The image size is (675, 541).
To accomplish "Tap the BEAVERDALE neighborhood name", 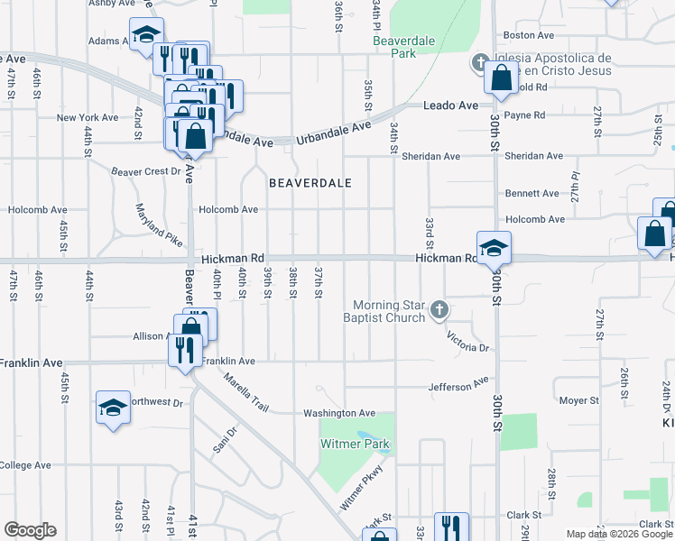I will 310,182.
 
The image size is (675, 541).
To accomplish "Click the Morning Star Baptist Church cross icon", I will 439,311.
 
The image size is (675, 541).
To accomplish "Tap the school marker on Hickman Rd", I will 494,249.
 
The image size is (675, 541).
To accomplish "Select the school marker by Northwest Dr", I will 113,408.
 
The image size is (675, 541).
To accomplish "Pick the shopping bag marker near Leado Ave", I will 500,78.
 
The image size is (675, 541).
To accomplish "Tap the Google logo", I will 30,530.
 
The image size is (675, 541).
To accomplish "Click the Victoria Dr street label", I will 468,341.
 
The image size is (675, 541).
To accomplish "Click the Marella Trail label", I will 246,393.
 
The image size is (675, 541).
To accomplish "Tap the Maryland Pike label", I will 159,227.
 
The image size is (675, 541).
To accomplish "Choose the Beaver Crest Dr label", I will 146,171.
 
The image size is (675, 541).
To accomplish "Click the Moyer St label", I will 579,399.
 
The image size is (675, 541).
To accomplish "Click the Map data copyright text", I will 618,534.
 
